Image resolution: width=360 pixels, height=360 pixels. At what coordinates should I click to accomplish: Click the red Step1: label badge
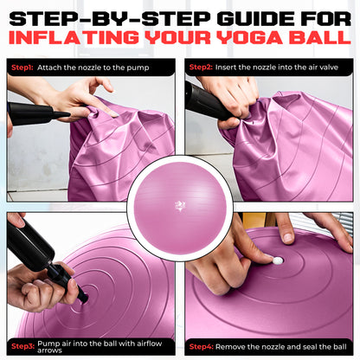[22, 67]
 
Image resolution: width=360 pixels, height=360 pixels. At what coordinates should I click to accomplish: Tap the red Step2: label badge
[202, 67]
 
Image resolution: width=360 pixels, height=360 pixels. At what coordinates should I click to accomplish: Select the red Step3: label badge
[22, 345]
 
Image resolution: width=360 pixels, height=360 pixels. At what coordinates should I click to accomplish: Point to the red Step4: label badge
[202, 345]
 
